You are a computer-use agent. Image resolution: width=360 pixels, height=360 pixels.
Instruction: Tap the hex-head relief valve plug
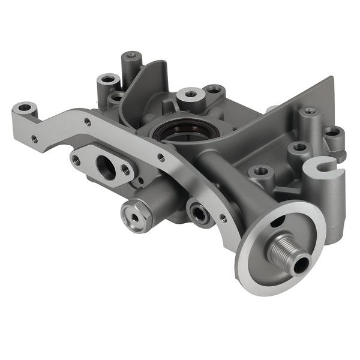134,215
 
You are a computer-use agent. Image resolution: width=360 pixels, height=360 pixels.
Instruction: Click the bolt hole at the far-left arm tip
25,109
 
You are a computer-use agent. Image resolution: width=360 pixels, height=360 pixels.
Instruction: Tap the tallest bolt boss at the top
131,60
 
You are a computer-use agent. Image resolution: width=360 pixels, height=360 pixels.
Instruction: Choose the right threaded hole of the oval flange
126,170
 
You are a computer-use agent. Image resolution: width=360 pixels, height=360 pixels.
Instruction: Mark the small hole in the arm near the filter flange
223,219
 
